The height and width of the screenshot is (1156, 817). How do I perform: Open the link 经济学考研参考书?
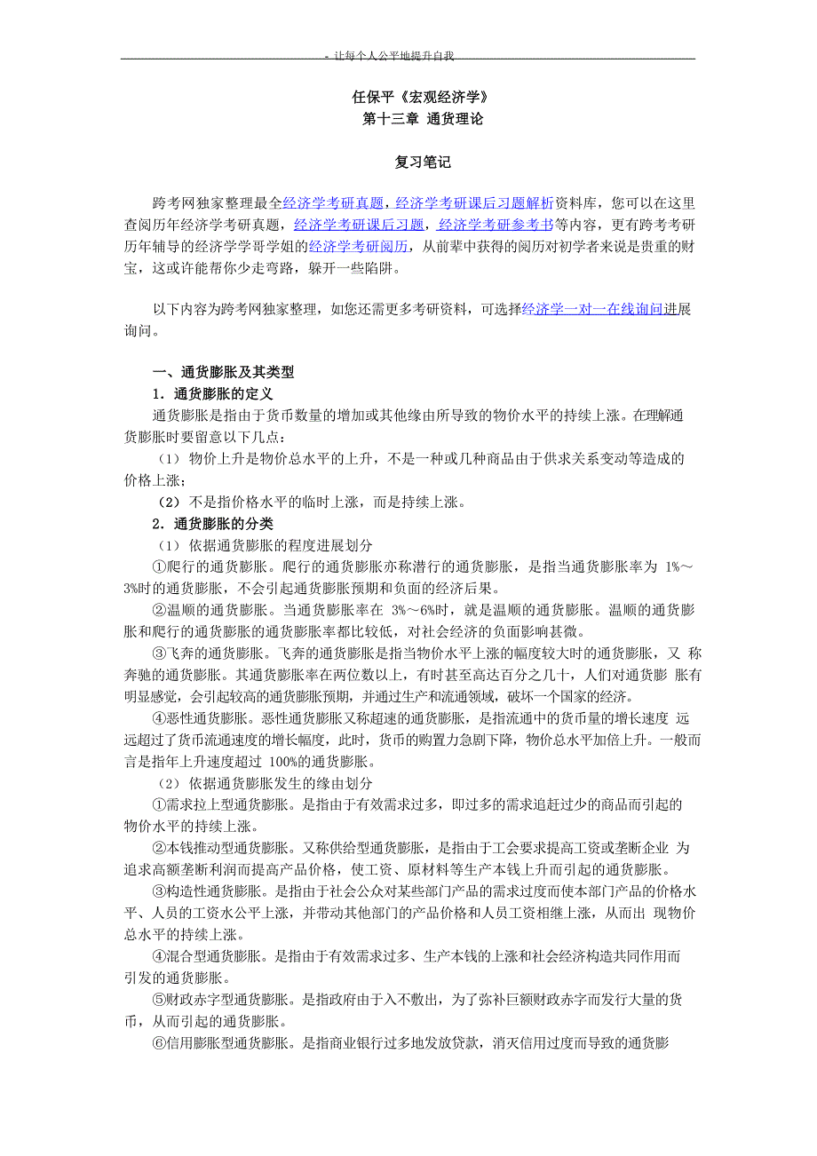[x=496, y=225]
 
